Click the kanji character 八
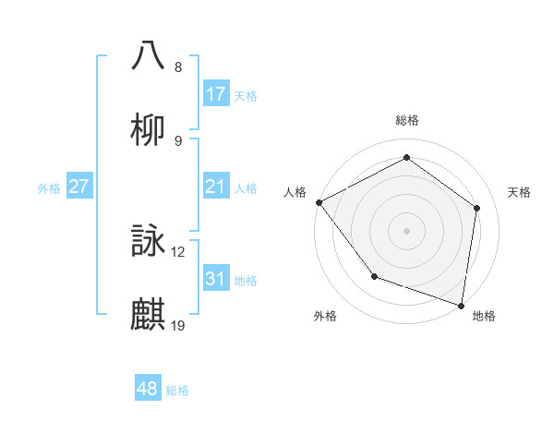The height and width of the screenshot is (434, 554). click(148, 55)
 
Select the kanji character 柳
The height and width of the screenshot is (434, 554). click(148, 129)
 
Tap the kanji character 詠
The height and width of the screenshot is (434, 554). click(148, 241)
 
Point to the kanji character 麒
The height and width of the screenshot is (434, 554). click(148, 315)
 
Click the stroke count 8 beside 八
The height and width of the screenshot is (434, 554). click(177, 67)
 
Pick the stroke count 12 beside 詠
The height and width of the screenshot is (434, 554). click(178, 252)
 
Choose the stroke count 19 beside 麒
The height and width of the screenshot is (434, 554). click(178, 325)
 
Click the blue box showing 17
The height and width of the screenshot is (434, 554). click(216, 94)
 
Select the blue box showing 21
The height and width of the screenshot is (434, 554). click(216, 187)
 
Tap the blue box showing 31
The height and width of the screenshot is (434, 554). click(216, 279)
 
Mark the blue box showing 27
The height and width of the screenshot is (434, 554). click(79, 187)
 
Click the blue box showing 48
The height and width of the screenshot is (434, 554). click(148, 389)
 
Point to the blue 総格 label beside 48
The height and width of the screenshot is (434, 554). click(177, 391)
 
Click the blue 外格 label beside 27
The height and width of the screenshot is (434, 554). click(49, 188)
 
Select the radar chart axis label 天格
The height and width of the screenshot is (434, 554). click(520, 192)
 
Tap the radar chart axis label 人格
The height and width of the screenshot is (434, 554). click(295, 192)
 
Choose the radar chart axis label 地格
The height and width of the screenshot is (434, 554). click(484, 316)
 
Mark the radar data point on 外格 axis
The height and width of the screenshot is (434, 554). click(374, 276)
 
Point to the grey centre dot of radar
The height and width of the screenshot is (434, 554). click(406, 230)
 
